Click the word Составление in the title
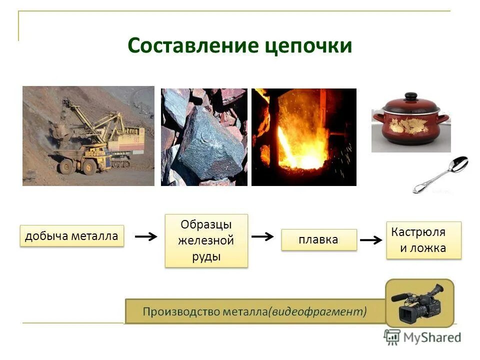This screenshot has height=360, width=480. point(192,45)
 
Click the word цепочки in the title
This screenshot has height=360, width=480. point(307,46)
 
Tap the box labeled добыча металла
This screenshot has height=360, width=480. point(72,235)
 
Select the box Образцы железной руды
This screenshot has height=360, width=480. point(206,240)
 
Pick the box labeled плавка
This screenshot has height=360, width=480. point(318,239)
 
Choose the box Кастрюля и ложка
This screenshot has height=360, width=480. point(423,240)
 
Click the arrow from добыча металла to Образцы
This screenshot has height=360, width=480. point(146,236)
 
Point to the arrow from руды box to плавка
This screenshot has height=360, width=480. point(262,236)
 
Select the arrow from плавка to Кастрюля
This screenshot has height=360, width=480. point(371,240)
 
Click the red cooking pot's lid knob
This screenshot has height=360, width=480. point(410,95)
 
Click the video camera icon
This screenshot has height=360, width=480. point(419,303)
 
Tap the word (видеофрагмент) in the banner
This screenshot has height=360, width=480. point(318,311)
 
